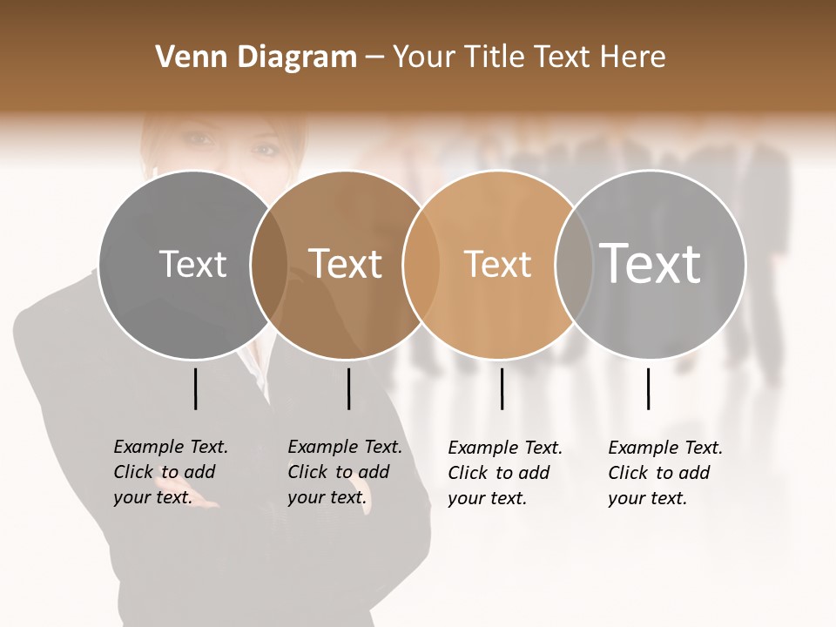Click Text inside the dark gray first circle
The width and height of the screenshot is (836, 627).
(x=192, y=264)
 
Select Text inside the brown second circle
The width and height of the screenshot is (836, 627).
(x=346, y=264)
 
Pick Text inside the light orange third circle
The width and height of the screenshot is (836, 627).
(x=497, y=264)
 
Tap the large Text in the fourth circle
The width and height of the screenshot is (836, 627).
(x=651, y=263)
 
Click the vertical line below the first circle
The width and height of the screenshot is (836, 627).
(x=195, y=388)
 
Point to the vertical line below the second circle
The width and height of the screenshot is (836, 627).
(x=348, y=388)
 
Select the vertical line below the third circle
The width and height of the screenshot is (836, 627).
(x=502, y=388)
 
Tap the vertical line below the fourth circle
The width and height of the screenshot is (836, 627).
(x=648, y=388)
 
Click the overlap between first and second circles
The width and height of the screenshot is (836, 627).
(x=269, y=264)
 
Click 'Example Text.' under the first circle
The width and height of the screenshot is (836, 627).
(x=171, y=447)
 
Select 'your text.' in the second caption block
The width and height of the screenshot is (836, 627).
(x=327, y=497)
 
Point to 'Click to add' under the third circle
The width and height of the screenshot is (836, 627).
(x=499, y=473)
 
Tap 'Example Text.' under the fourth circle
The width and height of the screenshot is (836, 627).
(x=665, y=448)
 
